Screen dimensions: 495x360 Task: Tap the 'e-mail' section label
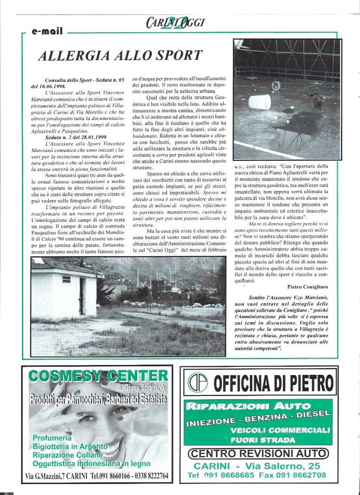[47, 31]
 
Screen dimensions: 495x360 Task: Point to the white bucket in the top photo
[260, 102]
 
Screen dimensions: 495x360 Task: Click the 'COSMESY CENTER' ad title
[98, 376]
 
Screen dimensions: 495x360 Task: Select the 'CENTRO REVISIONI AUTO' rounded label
[258, 453]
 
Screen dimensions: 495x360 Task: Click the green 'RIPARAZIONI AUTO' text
[242, 405]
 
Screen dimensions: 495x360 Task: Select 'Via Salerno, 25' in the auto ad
[287, 466]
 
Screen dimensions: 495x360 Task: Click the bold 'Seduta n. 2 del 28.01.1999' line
[75, 137]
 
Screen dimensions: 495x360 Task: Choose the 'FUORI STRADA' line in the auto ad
[263, 440]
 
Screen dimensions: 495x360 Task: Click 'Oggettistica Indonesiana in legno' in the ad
[91, 464]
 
